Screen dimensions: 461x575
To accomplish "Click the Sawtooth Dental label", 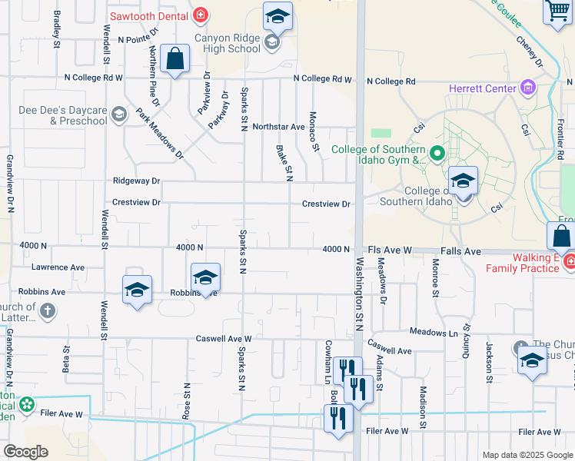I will click(x=148, y=14).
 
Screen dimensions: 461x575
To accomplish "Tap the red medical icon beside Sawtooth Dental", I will click(x=201, y=14).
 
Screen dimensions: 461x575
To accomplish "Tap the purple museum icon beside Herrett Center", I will click(x=527, y=88).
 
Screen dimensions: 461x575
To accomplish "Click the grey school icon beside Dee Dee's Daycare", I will click(x=118, y=115).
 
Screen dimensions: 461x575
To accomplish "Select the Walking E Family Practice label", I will click(x=527, y=263).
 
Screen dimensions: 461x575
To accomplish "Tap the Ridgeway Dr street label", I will click(x=136, y=181).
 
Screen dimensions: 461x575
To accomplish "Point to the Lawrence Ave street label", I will click(x=58, y=267).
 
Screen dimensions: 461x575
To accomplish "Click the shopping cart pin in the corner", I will click(x=558, y=12).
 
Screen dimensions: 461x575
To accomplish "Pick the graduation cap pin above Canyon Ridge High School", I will click(x=278, y=15).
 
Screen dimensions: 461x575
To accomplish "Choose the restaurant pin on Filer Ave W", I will click(x=338, y=418).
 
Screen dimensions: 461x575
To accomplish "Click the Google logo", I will click(x=25, y=452).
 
